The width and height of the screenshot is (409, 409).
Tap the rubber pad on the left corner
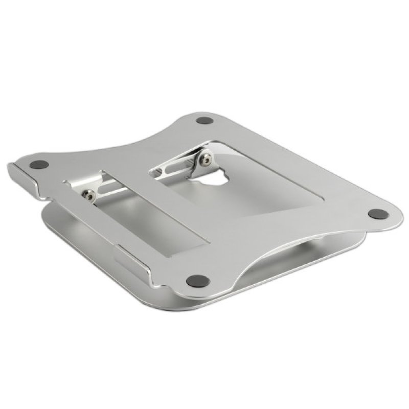38,166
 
